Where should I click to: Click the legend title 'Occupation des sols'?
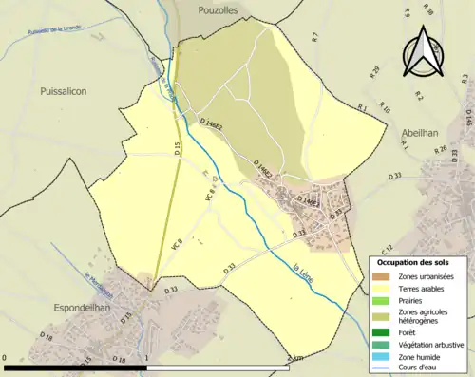412,262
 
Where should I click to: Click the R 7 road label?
314,37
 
